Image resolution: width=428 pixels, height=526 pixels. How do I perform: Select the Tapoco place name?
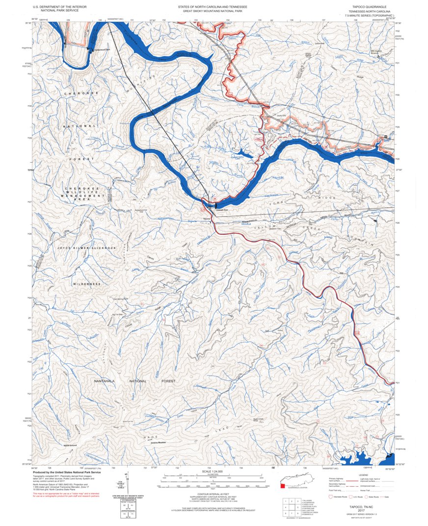207,219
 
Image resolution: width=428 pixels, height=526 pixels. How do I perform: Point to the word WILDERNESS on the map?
87,284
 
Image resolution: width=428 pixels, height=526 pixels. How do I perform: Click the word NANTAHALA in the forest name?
106,381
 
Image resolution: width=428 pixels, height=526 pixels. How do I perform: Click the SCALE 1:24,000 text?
212,471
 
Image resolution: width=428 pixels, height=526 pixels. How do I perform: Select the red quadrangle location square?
282,486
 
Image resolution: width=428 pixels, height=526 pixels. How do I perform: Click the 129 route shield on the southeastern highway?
357,334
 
